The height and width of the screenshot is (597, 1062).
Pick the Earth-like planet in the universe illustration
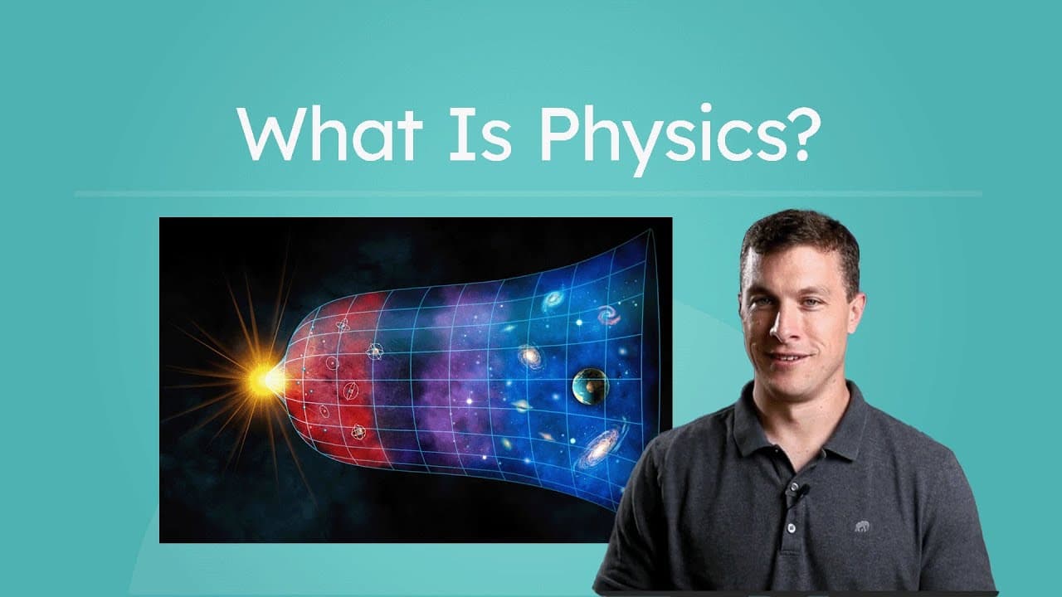(x=590, y=386)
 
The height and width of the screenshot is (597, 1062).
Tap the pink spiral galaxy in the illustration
(x=608, y=315)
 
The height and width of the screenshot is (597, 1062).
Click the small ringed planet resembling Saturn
(x=522, y=405)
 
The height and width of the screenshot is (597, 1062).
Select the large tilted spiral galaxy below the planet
(x=599, y=449)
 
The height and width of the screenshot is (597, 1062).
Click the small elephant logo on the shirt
(x=863, y=526)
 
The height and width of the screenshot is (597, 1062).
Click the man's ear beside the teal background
(x=855, y=313)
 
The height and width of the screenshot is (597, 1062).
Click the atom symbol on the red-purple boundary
(x=375, y=352)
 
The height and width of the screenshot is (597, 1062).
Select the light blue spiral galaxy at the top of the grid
(x=551, y=299)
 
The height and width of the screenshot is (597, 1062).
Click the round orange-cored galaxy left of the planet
(x=530, y=357)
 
